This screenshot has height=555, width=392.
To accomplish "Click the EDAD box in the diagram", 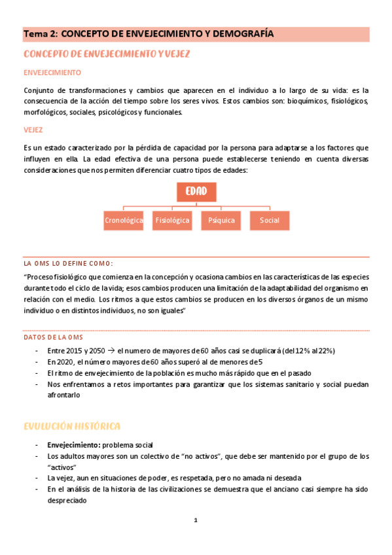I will tap(196, 191).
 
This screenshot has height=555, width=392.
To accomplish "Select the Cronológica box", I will tap(124, 221).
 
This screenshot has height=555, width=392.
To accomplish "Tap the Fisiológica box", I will tap(172, 221).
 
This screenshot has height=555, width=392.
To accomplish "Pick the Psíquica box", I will tap(221, 221).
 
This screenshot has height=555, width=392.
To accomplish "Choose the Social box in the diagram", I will tap(269, 221).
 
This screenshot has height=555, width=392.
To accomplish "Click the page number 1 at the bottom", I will tap(195, 520).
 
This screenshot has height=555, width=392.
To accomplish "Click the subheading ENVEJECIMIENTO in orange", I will tap(52, 72).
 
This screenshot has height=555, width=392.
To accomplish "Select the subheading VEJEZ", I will tap(33, 130).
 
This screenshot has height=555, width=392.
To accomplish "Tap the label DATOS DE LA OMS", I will tap(53, 337).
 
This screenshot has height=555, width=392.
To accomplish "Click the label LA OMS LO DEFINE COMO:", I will tap(68, 263).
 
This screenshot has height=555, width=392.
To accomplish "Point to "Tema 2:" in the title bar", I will tap(41, 34).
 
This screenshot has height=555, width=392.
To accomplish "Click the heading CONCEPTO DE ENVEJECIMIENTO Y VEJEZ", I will tap(107, 54).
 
